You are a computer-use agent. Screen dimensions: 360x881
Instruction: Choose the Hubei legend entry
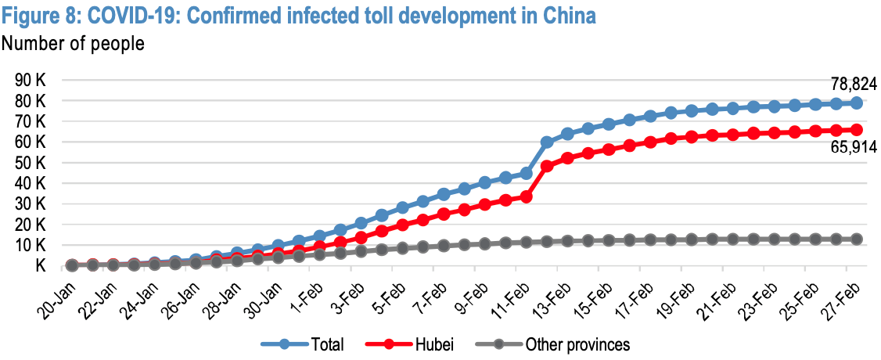tap(434, 344)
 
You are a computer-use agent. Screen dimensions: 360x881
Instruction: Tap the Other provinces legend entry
tap(577, 344)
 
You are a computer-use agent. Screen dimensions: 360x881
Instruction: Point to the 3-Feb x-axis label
tap(343, 294)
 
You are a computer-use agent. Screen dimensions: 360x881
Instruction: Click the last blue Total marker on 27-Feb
tap(857, 103)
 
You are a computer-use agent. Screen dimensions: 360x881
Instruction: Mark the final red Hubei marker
tap(857, 129)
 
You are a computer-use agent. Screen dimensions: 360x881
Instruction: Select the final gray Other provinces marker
tap(857, 239)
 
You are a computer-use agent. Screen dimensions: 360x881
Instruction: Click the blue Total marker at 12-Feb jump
tap(547, 142)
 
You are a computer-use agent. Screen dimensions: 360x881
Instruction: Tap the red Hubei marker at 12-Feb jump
tap(547, 166)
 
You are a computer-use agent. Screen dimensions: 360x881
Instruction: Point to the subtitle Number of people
tap(74, 44)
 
